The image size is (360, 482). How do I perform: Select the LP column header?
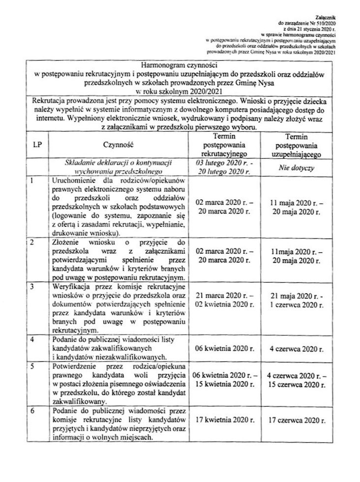(x=37, y=145)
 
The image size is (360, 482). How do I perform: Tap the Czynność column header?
(x=118, y=145)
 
